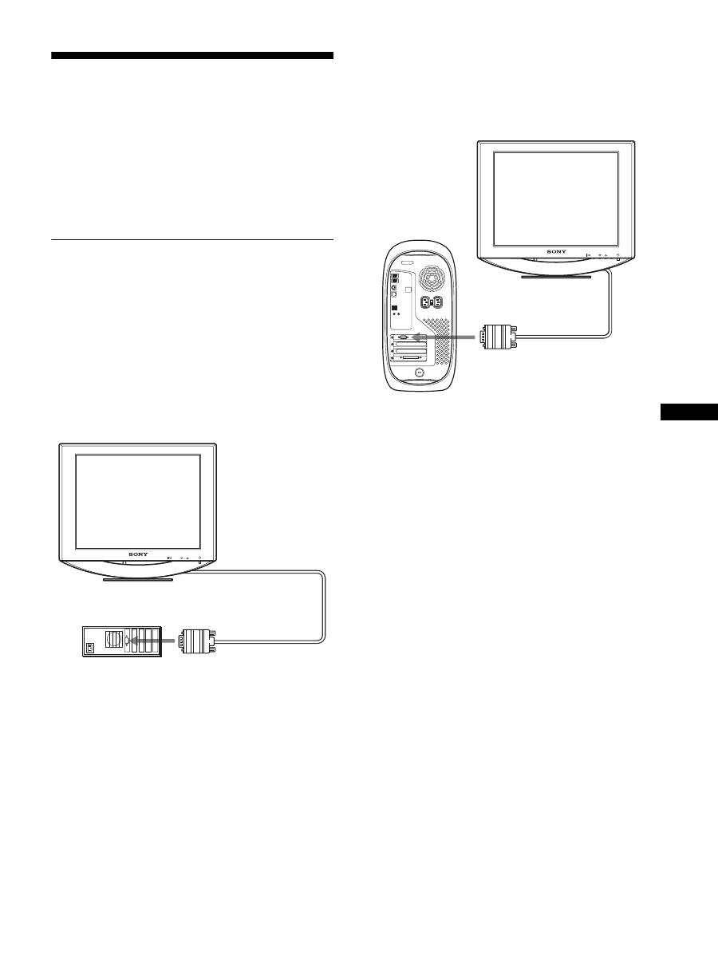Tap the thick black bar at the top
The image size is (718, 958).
191,56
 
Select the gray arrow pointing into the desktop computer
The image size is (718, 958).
153,640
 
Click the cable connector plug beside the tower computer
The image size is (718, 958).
499,337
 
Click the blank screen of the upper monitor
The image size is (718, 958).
556,199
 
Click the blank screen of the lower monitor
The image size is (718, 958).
137,501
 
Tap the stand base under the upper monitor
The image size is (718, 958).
555,277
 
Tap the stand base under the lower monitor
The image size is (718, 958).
137,579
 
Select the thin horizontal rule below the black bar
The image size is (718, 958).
191,239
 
